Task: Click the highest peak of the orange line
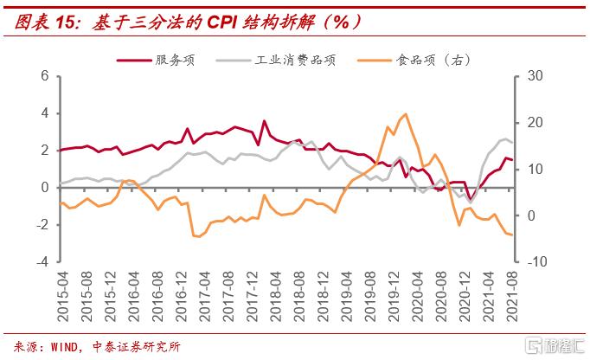click(x=406, y=114)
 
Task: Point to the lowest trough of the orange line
click(x=197, y=236)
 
